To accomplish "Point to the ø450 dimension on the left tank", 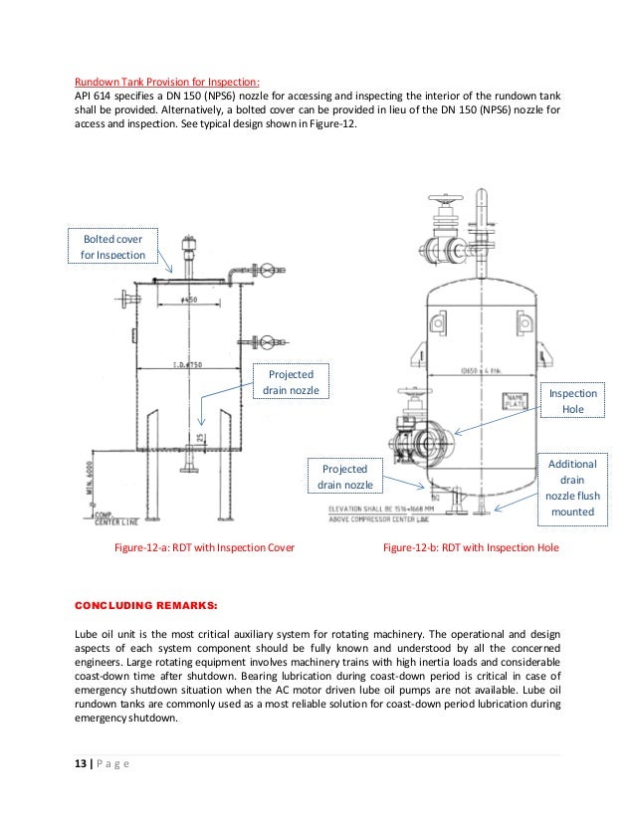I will tap(185, 300).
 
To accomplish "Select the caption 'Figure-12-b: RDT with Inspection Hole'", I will tap(471, 548).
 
